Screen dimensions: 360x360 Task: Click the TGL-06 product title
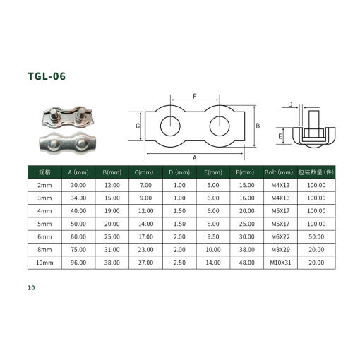pyautogui.click(x=47, y=76)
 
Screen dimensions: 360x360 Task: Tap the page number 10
pyautogui.click(x=31, y=287)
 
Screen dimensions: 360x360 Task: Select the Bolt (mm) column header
pyautogui.click(x=279, y=172)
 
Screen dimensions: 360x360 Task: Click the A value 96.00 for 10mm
pyautogui.click(x=78, y=263)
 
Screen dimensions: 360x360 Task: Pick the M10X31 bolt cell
pyautogui.click(x=280, y=263)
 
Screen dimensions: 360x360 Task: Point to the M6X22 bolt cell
pyautogui.click(x=280, y=236)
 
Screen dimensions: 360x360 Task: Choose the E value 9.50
pyautogui.click(x=213, y=236)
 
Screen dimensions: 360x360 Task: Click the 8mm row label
pyautogui.click(x=44, y=250)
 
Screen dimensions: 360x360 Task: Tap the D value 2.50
pyautogui.click(x=179, y=263)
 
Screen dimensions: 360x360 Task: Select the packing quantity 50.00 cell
pyautogui.click(x=316, y=236)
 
